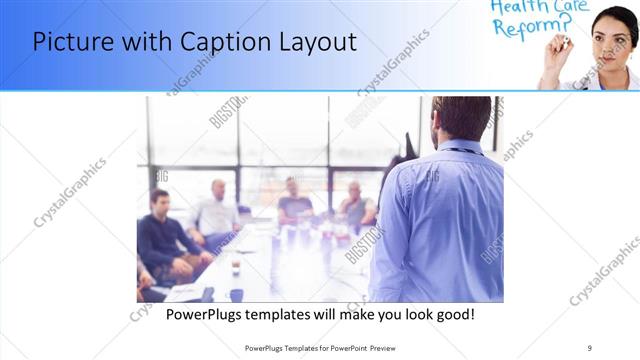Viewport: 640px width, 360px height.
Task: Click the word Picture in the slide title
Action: [71, 42]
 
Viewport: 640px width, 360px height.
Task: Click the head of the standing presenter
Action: [462, 117]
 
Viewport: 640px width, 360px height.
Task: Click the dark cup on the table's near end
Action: [237, 295]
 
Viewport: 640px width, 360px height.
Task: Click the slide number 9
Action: [590, 347]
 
